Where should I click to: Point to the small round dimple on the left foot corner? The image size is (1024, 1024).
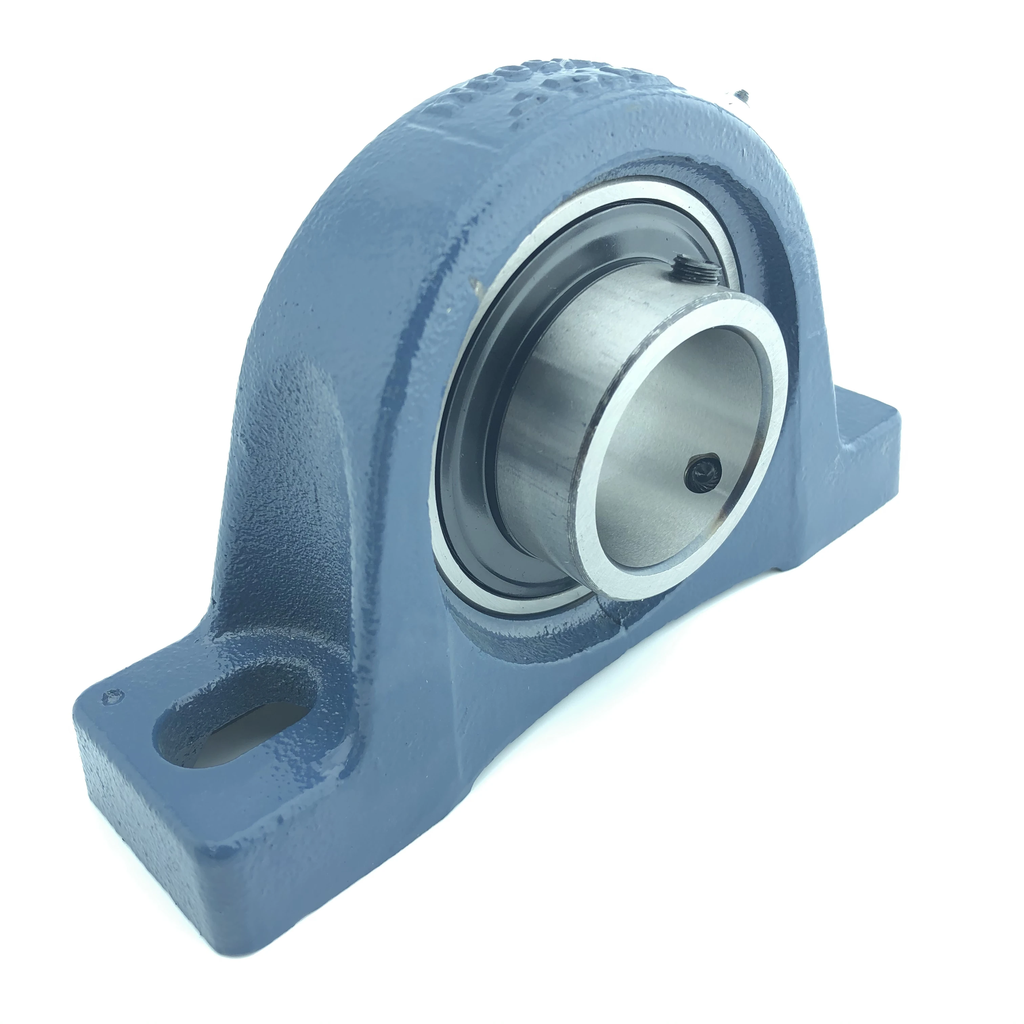click(112, 696)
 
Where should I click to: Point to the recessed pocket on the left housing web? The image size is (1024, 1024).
click(286, 477)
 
